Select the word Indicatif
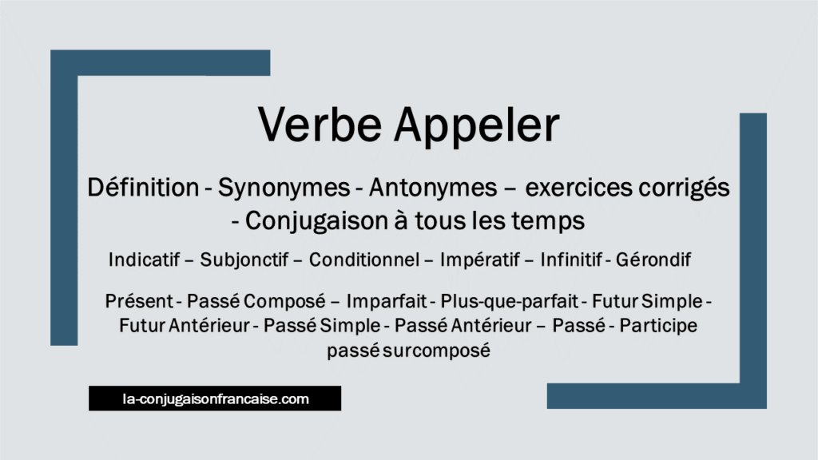(x=144, y=260)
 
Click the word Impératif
(x=476, y=260)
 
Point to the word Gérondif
(x=660, y=260)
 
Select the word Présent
(x=138, y=303)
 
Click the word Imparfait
(x=387, y=303)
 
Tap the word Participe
(x=658, y=326)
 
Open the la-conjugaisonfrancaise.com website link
(x=215, y=398)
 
